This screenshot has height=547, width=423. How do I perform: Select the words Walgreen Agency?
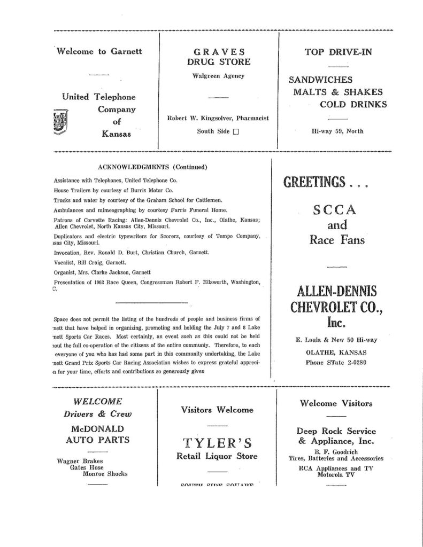click(218, 76)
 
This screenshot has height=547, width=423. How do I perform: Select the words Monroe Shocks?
click(105, 473)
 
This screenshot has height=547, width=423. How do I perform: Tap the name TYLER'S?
click(217, 443)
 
